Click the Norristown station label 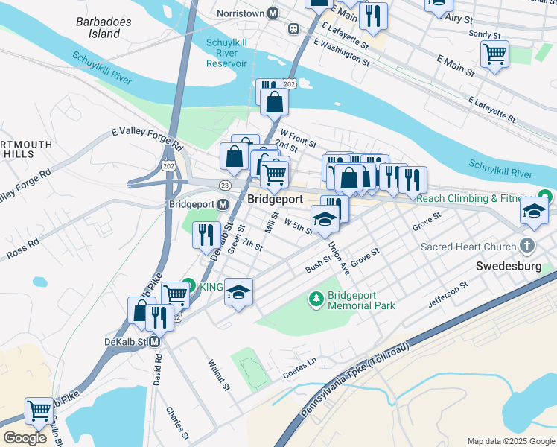coord(241,13)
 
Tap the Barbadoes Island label coord(98,28)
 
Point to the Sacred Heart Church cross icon coord(527,246)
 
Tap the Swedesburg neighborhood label coord(515,265)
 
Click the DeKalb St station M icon coord(155,342)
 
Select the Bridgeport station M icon coord(223,204)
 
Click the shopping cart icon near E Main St coord(494,54)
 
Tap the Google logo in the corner coord(25,437)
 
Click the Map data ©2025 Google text coord(510,441)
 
